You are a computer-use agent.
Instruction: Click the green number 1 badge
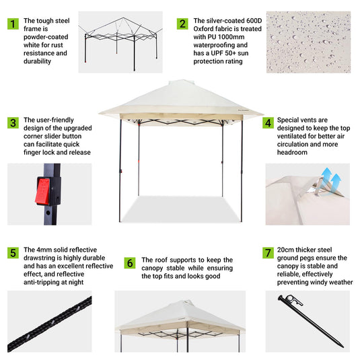coord(13,24)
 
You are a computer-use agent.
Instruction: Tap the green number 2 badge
coord(182,24)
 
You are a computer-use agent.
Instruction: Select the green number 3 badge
coord(13,123)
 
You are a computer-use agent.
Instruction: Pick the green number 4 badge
coord(267,123)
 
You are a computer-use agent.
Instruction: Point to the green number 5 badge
coord(13,253)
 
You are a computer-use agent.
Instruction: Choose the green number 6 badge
coord(129,262)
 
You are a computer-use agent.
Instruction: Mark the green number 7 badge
coord(267,253)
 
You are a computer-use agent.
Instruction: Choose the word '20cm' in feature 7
coord(287,249)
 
